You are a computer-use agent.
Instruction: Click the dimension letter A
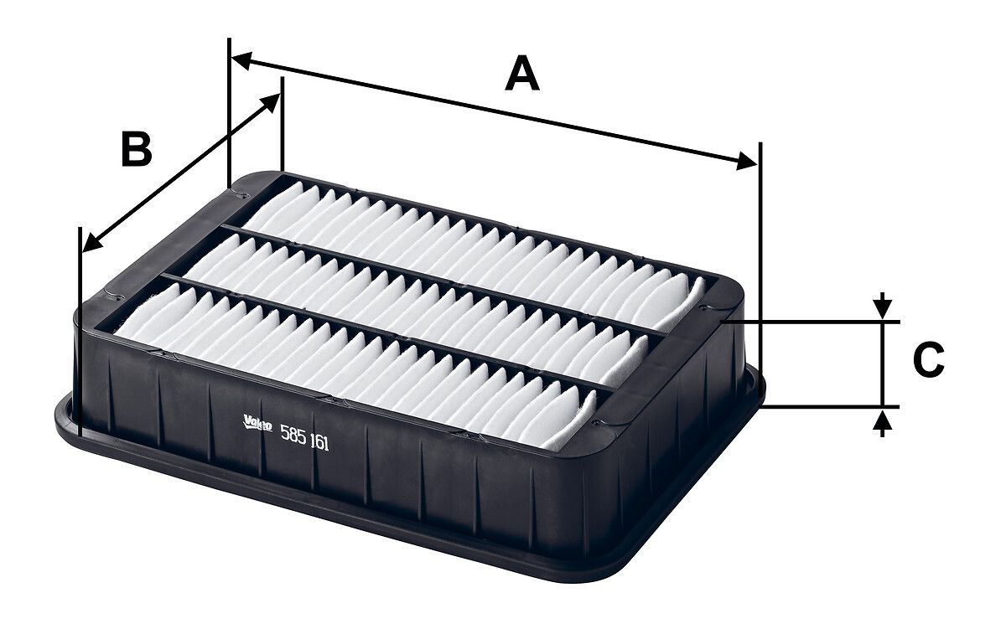click(x=522, y=74)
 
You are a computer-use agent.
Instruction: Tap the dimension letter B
click(x=137, y=150)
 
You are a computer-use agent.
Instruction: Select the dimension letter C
click(x=928, y=360)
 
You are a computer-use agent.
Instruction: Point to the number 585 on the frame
click(x=293, y=436)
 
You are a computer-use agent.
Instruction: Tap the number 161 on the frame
click(x=319, y=444)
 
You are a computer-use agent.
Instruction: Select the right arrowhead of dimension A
click(x=746, y=162)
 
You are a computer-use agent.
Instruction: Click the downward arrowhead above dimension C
click(x=881, y=309)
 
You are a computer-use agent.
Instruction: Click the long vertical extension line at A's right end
click(x=760, y=251)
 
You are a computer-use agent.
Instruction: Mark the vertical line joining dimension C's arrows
click(x=881, y=364)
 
